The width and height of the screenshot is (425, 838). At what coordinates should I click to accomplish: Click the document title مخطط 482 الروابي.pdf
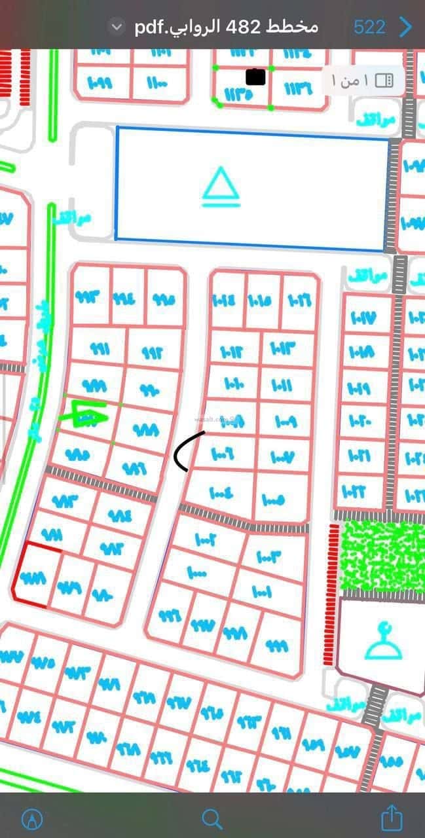[227, 27]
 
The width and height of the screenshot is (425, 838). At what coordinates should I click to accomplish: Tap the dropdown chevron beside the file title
[117, 27]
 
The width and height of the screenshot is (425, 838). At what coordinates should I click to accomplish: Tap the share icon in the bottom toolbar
[391, 818]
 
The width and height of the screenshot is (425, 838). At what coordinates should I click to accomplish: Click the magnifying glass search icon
[212, 818]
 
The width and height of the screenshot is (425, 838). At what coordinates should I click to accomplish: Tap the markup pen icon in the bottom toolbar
[32, 818]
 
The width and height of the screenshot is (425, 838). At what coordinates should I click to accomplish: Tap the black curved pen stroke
[187, 450]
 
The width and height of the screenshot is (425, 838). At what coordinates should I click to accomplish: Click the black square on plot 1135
[255, 77]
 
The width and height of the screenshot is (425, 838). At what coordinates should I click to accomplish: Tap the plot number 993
[90, 296]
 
